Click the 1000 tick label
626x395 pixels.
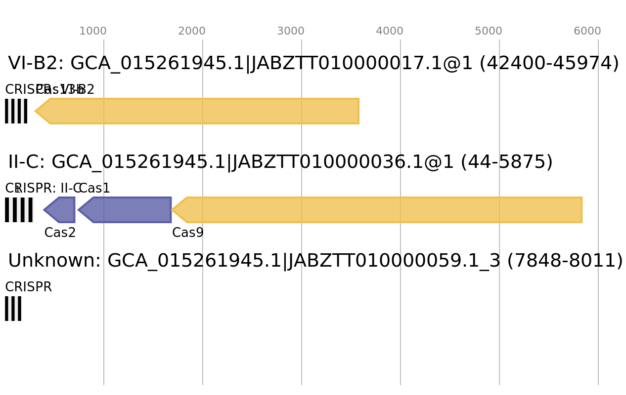tap(93, 31)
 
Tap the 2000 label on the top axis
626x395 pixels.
tap(192, 31)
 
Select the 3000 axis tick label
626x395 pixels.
tap(291, 31)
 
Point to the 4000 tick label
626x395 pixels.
tap(390, 31)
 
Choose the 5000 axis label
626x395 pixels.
tap(489, 31)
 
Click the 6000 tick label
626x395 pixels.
tap(587, 31)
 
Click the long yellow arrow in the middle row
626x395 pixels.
tap(381, 210)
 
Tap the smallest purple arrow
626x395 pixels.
tap(61, 210)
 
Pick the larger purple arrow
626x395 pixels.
tap(129, 210)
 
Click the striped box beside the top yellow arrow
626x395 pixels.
tap(16, 111)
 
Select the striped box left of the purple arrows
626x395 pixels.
tap(19, 210)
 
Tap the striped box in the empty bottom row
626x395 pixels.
tap(13, 309)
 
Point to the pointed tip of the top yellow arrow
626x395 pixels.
tap(35, 111)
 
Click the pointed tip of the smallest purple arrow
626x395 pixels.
tap(44, 210)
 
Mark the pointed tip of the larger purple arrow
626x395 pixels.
tap(78, 210)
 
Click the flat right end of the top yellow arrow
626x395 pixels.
tap(358, 111)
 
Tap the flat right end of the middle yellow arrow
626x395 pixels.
tap(582, 210)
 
